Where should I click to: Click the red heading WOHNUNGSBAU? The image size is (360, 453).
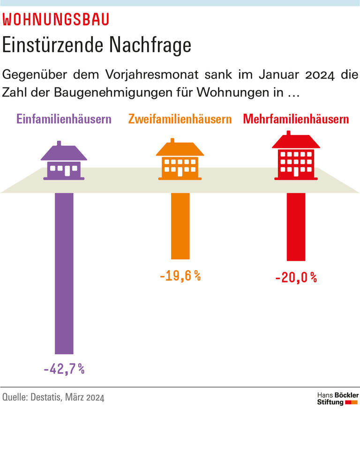click(56, 20)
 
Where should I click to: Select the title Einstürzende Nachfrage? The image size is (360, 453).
click(97, 45)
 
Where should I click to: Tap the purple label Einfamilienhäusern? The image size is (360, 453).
click(64, 119)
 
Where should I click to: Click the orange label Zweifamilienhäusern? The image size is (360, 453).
click(180, 119)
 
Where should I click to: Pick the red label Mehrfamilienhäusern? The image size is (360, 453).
click(296, 119)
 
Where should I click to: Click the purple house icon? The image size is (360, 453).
click(64, 162)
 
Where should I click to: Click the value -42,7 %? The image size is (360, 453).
click(64, 369)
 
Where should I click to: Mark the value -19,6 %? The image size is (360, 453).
click(180, 276)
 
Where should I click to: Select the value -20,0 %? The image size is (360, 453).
click(296, 278)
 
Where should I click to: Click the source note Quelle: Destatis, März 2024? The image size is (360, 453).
click(53, 398)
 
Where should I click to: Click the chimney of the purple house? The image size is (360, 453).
click(59, 143)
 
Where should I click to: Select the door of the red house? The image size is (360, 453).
click(296, 172)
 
